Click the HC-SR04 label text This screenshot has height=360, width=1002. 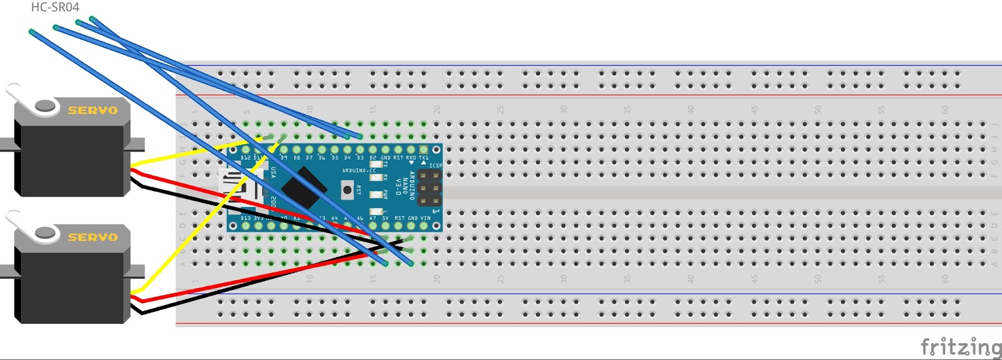click(x=55, y=8)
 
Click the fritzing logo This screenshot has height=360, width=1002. click(x=960, y=346)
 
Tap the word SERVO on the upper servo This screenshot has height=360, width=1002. click(x=93, y=110)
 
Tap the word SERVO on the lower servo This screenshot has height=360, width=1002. click(x=93, y=237)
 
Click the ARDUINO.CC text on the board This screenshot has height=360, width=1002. click(x=359, y=170)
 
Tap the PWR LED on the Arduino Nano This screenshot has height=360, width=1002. click(x=376, y=195)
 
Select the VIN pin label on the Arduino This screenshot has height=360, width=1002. click(x=425, y=219)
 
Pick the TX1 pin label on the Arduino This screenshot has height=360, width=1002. click(x=424, y=158)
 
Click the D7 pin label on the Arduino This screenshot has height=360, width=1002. click(x=309, y=158)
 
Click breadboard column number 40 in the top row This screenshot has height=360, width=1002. click(x=691, y=110)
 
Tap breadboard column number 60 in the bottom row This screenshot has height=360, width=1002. click(x=945, y=279)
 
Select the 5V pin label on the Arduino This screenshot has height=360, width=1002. click(x=385, y=219)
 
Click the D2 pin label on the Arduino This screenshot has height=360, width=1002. click(x=373, y=158)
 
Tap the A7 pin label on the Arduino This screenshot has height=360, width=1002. click(x=373, y=219)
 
